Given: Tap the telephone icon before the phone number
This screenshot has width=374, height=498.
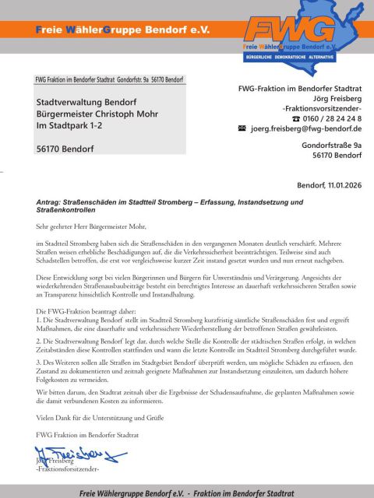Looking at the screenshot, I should coord(295,118).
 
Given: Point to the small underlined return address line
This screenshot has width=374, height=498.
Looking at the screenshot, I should coord(110,80).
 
